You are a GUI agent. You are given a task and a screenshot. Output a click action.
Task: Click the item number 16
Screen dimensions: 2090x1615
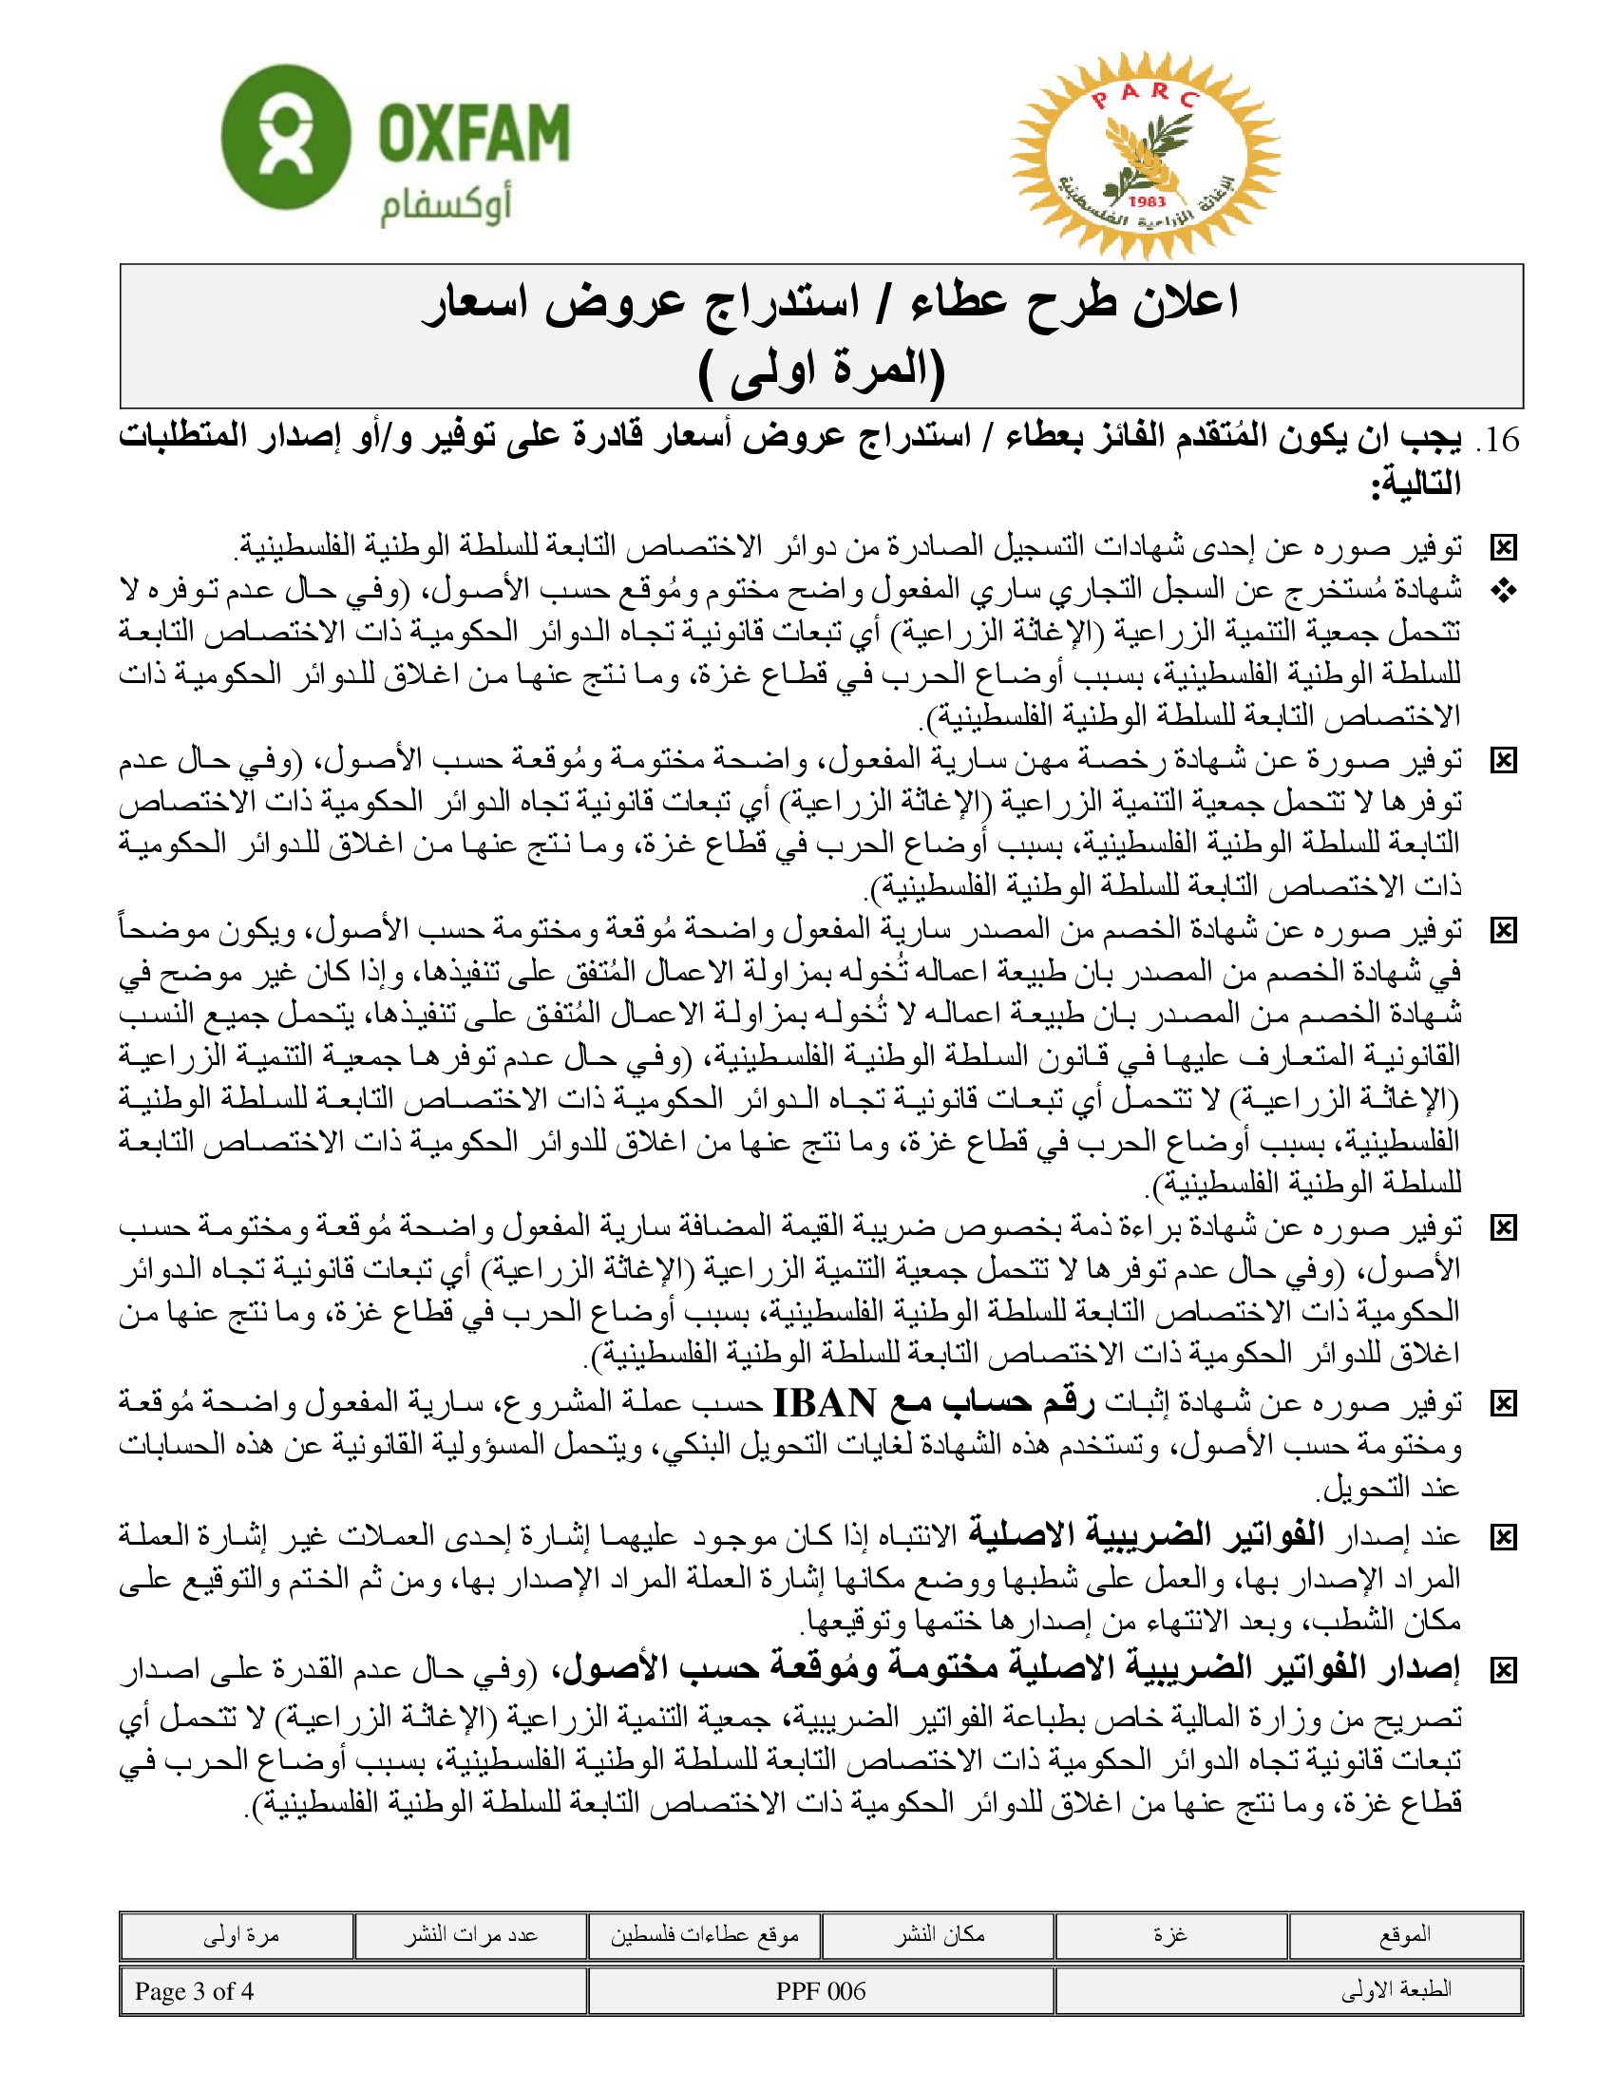[1498, 441]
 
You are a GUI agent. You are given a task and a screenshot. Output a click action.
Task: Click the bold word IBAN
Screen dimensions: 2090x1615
[823, 1405]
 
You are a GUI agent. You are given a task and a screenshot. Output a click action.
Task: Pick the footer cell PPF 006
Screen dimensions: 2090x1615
[821, 1991]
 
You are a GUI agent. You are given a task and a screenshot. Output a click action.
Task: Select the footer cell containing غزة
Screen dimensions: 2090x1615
[1171, 1934]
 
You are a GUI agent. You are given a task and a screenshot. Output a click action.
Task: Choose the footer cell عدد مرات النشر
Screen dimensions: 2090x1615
[469, 1934]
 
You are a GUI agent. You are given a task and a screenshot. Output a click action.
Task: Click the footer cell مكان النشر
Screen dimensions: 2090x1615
[939, 1934]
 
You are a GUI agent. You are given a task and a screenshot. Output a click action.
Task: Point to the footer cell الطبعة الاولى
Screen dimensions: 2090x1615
[1396, 1991]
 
